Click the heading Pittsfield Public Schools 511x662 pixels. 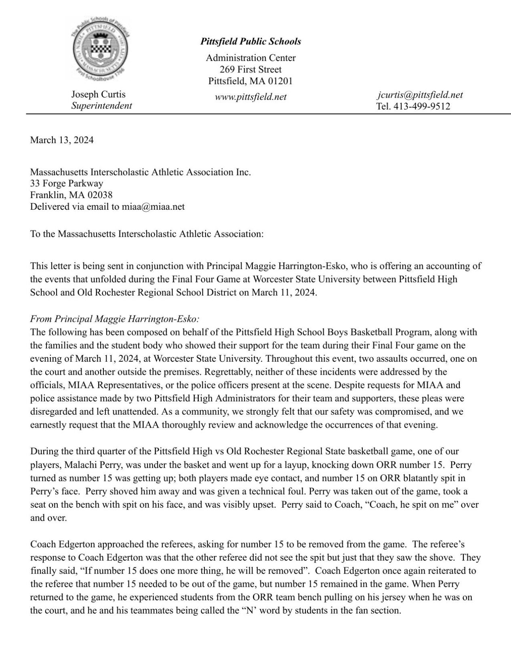click(x=250, y=41)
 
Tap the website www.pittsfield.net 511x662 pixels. click(x=250, y=97)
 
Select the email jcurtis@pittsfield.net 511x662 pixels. click(x=420, y=95)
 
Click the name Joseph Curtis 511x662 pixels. click(x=98, y=94)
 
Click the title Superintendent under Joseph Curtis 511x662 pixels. click(x=101, y=106)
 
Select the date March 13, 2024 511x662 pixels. click(x=62, y=140)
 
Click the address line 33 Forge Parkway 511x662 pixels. click(x=66, y=183)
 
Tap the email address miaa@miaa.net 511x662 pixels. click(x=153, y=207)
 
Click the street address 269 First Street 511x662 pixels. click(x=250, y=69)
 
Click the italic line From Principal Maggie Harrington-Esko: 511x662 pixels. click(x=115, y=319)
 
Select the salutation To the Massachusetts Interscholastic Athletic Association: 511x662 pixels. click(x=147, y=234)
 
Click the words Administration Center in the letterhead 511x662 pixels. click(x=250, y=58)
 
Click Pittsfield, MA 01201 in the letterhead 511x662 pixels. click(x=250, y=81)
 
